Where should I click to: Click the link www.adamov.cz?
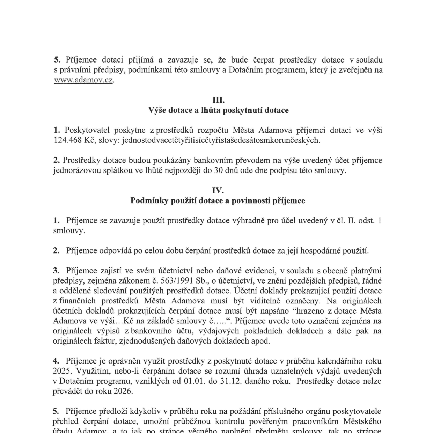coord(83,80)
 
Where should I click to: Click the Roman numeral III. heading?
coord(219,100)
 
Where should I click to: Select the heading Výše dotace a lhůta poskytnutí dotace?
coord(219,110)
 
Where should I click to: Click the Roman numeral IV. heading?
coord(218,191)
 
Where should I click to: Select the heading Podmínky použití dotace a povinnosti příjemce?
coord(218,201)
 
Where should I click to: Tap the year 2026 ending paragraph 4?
coord(123,391)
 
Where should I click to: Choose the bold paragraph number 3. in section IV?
coord(56,271)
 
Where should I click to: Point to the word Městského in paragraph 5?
coord(362,421)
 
